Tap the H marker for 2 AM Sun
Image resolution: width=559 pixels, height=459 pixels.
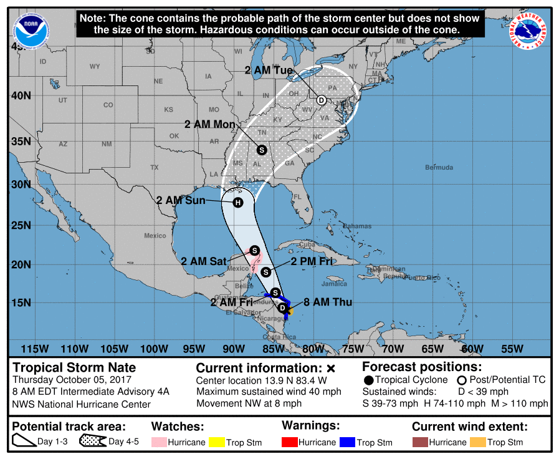(237, 203)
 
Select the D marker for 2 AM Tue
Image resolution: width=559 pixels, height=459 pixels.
(322, 100)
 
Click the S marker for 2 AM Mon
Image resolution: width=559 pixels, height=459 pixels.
(262, 150)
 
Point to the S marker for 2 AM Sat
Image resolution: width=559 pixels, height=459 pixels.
(254, 250)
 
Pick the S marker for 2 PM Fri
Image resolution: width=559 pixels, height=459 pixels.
(266, 271)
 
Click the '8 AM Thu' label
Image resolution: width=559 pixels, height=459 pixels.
(328, 302)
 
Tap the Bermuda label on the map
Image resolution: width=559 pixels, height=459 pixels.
(439, 168)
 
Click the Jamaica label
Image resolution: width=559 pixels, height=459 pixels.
(334, 284)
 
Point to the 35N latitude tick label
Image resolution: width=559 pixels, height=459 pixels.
(21, 141)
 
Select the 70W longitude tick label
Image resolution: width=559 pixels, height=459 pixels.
(393, 348)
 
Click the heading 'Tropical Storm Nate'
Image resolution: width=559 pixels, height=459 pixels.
(74, 367)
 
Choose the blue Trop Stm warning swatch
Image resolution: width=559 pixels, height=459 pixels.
(348, 442)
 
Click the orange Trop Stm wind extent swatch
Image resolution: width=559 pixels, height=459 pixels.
(477, 442)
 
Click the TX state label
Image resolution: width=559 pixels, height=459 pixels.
(154, 168)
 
